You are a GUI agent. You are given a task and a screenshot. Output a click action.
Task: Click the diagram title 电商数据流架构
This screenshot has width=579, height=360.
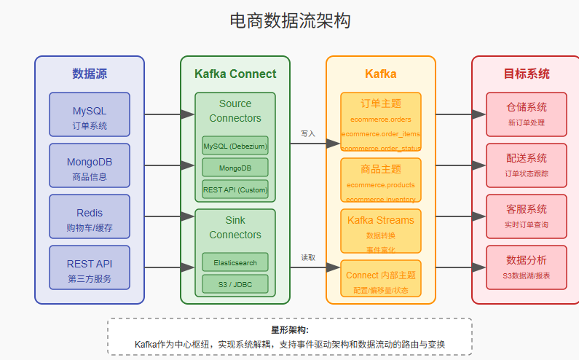point(289,21)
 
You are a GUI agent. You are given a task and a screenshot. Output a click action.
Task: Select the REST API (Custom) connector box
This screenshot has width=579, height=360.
point(235,189)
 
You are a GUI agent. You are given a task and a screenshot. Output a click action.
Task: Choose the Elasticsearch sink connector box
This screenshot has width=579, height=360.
point(235,262)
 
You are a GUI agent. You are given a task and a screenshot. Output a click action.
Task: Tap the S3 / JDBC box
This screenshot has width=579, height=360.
point(235,283)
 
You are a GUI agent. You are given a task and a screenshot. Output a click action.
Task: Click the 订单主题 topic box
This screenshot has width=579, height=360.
point(380,122)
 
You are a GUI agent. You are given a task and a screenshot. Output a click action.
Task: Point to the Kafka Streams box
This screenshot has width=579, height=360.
point(380,231)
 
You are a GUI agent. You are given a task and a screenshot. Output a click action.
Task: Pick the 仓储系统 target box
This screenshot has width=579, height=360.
point(527,114)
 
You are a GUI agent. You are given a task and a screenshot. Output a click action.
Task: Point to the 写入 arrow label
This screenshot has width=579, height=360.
point(308,133)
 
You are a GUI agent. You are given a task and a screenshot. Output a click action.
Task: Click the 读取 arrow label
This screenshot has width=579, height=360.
point(308,257)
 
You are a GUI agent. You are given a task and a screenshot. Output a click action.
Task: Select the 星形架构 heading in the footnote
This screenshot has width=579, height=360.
point(289,330)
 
